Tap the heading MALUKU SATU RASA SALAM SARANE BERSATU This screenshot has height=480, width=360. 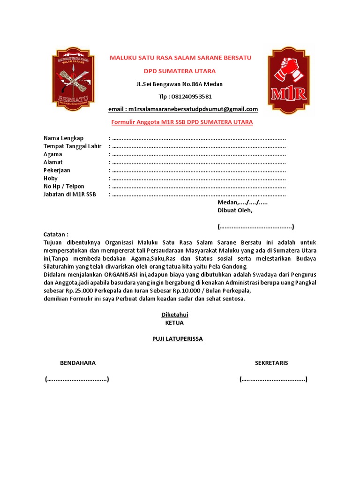pyautogui.click(x=180, y=58)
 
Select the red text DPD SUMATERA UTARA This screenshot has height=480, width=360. pyautogui.click(x=180, y=71)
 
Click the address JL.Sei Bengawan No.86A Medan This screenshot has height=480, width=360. pyautogui.click(x=180, y=84)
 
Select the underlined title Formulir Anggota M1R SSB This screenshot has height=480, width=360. pyautogui.click(x=182, y=122)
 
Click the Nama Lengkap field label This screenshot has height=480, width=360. pyautogui.click(x=63, y=138)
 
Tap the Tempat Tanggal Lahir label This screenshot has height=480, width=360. pyautogui.click(x=72, y=146)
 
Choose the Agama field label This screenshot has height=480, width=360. pyautogui.click(x=52, y=154)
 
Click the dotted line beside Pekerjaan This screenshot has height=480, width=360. pyautogui.click(x=199, y=171)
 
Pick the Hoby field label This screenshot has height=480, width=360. pyautogui.click(x=50, y=179)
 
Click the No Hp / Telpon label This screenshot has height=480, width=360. pyautogui.click(x=64, y=187)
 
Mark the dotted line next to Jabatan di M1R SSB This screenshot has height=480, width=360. pyautogui.click(x=199, y=195)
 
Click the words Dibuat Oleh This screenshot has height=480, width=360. pyautogui.click(x=235, y=210)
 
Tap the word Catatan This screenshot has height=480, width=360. pyautogui.click(x=56, y=234)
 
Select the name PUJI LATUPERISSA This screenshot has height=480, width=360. pyautogui.click(x=178, y=339)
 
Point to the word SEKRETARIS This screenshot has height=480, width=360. pyautogui.click(x=271, y=363)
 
